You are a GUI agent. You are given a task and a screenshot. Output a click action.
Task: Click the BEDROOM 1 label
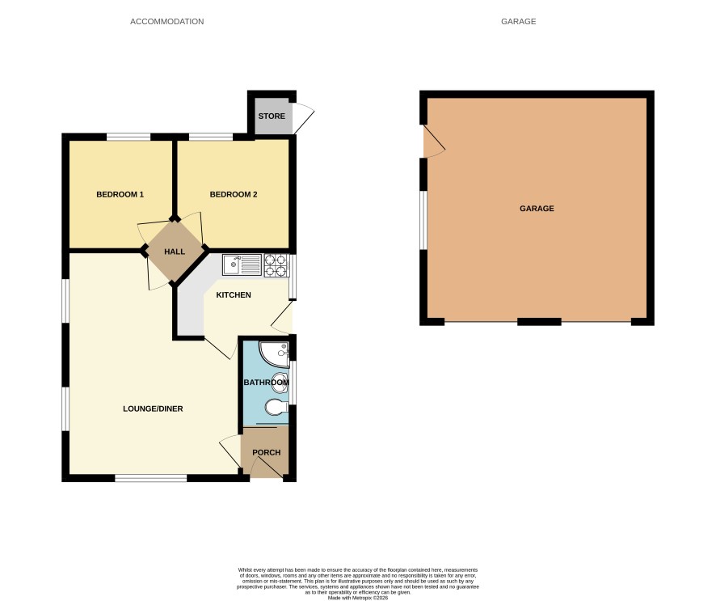[120, 194]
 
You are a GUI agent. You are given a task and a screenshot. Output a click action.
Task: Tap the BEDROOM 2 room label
[234, 194]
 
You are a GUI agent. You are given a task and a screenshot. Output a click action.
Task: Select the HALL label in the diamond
[175, 252]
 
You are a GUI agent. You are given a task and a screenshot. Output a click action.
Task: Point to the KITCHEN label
[234, 294]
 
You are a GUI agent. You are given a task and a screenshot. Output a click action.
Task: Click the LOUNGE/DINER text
[153, 408]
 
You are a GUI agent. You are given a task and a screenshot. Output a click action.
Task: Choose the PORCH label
[266, 452]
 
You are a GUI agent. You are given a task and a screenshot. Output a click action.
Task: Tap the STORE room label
[272, 116]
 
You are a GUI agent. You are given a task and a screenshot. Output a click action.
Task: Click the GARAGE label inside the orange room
[537, 209]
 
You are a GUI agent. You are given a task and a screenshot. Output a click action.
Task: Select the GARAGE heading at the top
[518, 22]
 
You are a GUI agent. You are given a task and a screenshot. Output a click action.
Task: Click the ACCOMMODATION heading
[167, 22]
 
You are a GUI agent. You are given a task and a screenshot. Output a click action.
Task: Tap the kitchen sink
[242, 265]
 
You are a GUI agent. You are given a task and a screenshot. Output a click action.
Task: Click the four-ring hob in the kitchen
[276, 265]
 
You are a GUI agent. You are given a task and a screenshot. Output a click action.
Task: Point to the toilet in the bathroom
[276, 406]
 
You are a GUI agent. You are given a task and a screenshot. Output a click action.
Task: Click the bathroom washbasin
[280, 383]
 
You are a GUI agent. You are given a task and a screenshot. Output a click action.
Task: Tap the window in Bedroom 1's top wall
[128, 136]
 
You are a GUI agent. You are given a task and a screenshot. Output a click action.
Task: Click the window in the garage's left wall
[423, 220]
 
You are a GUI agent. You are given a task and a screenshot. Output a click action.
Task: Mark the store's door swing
[304, 118]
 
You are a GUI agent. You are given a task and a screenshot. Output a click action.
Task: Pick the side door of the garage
[434, 142]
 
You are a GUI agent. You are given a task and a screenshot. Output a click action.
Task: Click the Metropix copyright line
[357, 598]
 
